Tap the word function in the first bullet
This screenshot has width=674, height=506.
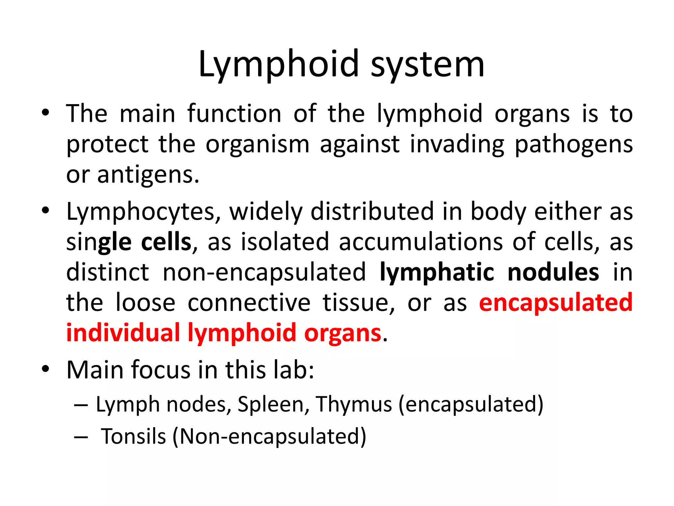click(234, 114)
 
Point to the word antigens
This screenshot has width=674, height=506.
click(148, 175)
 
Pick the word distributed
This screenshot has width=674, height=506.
click(372, 211)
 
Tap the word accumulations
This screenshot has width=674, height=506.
click(421, 242)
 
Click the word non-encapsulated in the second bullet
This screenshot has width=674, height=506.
click(264, 272)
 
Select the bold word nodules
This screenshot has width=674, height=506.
click(553, 272)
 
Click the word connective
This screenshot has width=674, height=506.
click(249, 303)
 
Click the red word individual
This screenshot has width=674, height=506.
click(123, 333)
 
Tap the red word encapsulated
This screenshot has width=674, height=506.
click(556, 303)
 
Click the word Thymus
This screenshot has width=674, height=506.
click(354, 404)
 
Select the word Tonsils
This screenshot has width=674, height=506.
click(133, 436)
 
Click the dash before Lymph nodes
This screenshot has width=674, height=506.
click(81, 405)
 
